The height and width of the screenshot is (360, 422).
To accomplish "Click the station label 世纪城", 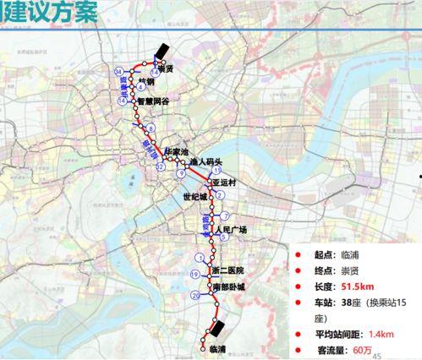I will click(x=195, y=198).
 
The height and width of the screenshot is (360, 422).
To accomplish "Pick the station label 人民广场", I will click(x=231, y=230).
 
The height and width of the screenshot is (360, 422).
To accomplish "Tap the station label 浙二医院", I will click(x=227, y=270).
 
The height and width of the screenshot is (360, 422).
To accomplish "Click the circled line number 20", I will click(x=196, y=295).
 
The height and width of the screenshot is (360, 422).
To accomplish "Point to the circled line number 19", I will click(x=195, y=275).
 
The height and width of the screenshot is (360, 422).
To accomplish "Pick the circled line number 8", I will click(x=151, y=128).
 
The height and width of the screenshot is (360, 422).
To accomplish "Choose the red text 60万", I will click(x=363, y=350).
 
